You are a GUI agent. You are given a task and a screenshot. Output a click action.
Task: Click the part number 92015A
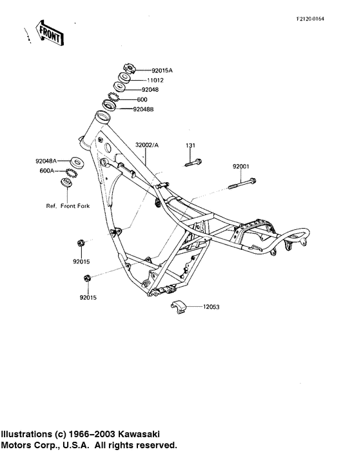163,70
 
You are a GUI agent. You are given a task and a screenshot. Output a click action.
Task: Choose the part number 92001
242,166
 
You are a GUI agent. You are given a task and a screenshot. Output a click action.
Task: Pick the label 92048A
46,161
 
